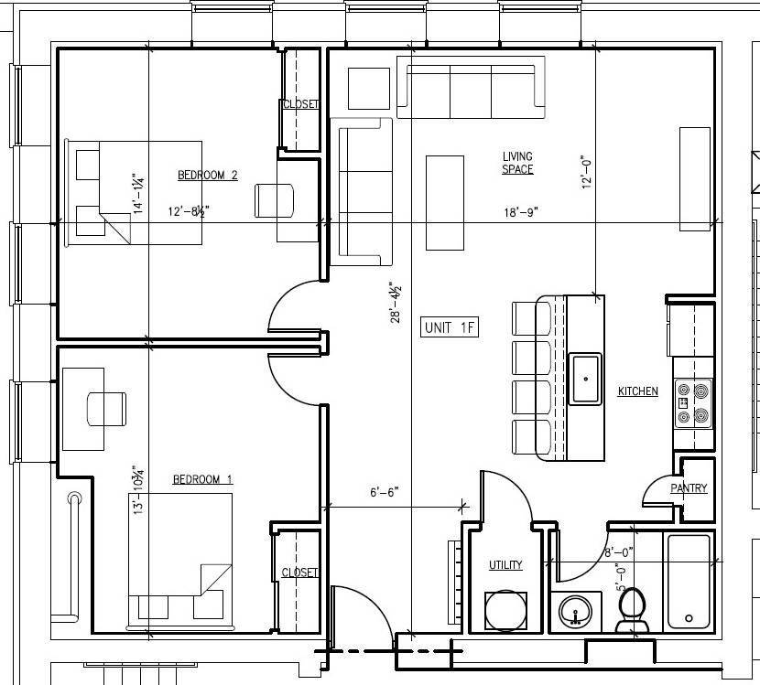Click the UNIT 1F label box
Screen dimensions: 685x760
(x=451, y=327)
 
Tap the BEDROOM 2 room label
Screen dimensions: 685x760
(x=208, y=175)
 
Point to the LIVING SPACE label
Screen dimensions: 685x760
(x=517, y=163)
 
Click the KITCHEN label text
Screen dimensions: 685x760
(x=637, y=391)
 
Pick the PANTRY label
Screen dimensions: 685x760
(x=689, y=488)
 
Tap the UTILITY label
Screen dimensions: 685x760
(x=505, y=565)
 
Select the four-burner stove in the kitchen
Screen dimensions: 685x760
(x=693, y=404)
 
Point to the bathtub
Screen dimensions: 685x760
(x=689, y=582)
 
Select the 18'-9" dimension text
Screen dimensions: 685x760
(x=519, y=212)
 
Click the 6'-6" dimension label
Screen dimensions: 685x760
(x=385, y=492)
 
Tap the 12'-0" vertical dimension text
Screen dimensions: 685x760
(x=587, y=170)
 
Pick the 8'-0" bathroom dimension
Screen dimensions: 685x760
(x=619, y=552)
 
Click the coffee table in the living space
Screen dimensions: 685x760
(x=445, y=202)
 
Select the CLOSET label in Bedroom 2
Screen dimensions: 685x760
(x=300, y=104)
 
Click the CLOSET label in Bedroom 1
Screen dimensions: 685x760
(x=299, y=573)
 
